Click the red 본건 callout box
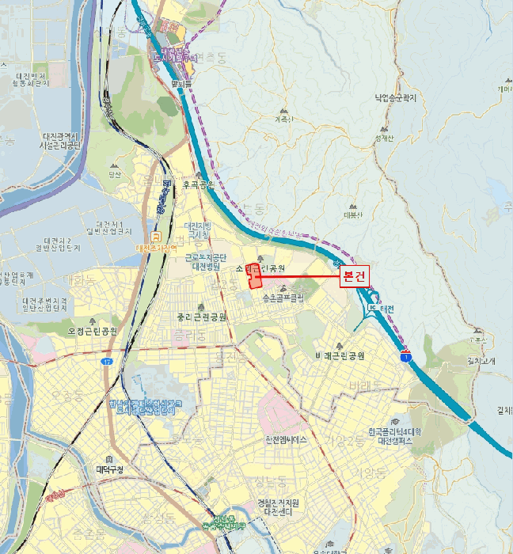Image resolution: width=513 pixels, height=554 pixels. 354,277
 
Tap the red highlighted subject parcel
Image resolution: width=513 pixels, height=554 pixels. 254,276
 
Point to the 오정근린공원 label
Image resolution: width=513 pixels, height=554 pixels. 93,331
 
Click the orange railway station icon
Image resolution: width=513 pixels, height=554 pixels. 157,236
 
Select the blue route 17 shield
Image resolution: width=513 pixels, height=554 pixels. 107,362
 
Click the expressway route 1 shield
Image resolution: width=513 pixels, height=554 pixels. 406,357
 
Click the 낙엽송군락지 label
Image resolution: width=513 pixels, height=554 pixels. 396,98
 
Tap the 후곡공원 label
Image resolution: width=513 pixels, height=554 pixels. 198,184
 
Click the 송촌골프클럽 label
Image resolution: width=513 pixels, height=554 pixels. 284,299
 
